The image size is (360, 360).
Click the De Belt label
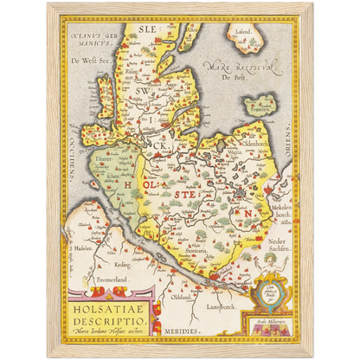pyautogui.click(x=229, y=76)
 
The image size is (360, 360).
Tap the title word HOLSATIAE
pyautogui.click(x=110, y=305)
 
